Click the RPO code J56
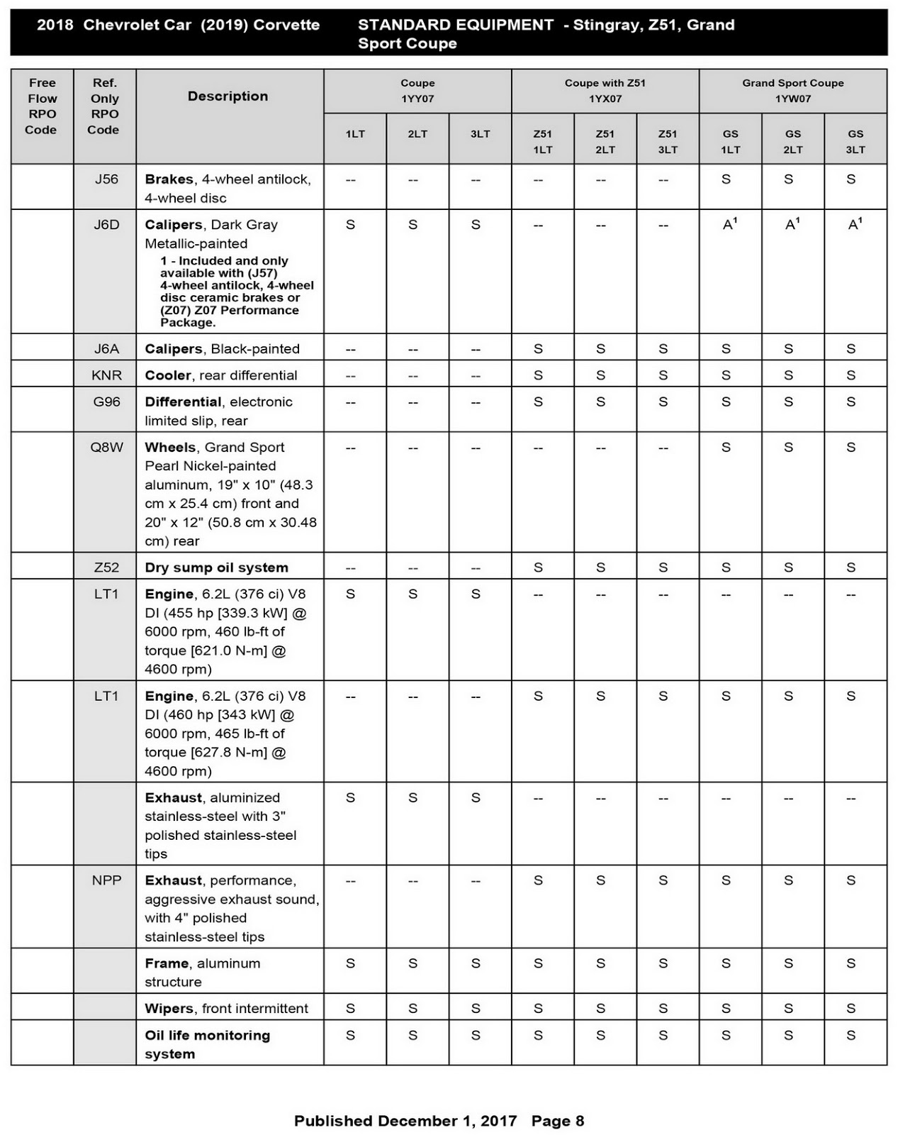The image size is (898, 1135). click(106, 179)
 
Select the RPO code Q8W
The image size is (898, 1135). click(106, 448)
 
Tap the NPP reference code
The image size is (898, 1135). click(106, 880)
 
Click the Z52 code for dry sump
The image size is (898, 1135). click(106, 567)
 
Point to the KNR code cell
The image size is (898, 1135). click(106, 375)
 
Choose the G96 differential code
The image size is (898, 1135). click(106, 402)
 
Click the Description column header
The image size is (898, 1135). click(228, 96)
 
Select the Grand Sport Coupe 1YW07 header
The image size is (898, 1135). click(792, 91)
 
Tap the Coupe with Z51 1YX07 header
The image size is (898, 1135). click(605, 91)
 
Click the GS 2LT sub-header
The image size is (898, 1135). click(792, 141)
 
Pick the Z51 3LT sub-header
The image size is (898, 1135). click(667, 141)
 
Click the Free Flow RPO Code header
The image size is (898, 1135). click(41, 106)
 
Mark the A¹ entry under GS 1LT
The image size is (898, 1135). click(729, 224)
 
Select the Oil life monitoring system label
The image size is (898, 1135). click(207, 1044)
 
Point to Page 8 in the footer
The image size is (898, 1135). click(558, 1121)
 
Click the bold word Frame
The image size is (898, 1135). click(167, 963)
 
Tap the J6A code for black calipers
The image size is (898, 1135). click(106, 349)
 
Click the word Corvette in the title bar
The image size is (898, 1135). click(286, 25)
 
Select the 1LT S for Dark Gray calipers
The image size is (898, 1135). click(350, 225)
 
